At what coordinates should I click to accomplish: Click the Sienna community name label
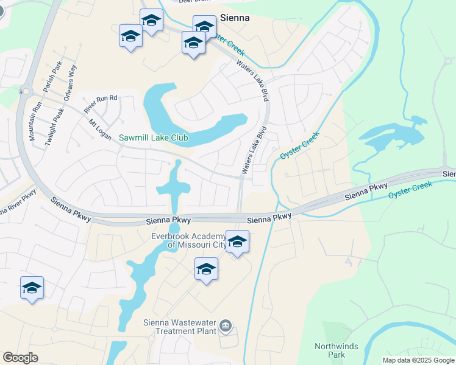[x=235, y=18]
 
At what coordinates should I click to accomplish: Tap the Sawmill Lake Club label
[x=154, y=138]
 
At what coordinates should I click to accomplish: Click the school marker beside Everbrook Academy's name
[x=237, y=242]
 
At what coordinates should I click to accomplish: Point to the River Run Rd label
[x=100, y=104]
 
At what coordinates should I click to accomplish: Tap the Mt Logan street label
[x=100, y=129]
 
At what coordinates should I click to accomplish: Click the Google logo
[x=20, y=358]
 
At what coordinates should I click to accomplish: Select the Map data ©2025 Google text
[x=418, y=360]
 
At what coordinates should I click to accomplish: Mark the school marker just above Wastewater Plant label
[x=207, y=269]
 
